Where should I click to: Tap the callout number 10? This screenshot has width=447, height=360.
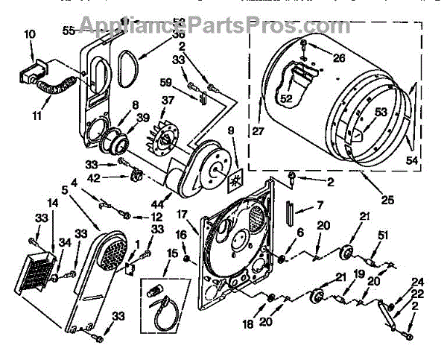click(x=29, y=34)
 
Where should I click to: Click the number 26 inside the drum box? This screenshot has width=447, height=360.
click(x=339, y=58)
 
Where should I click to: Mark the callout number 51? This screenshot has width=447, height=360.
click(x=383, y=236)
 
